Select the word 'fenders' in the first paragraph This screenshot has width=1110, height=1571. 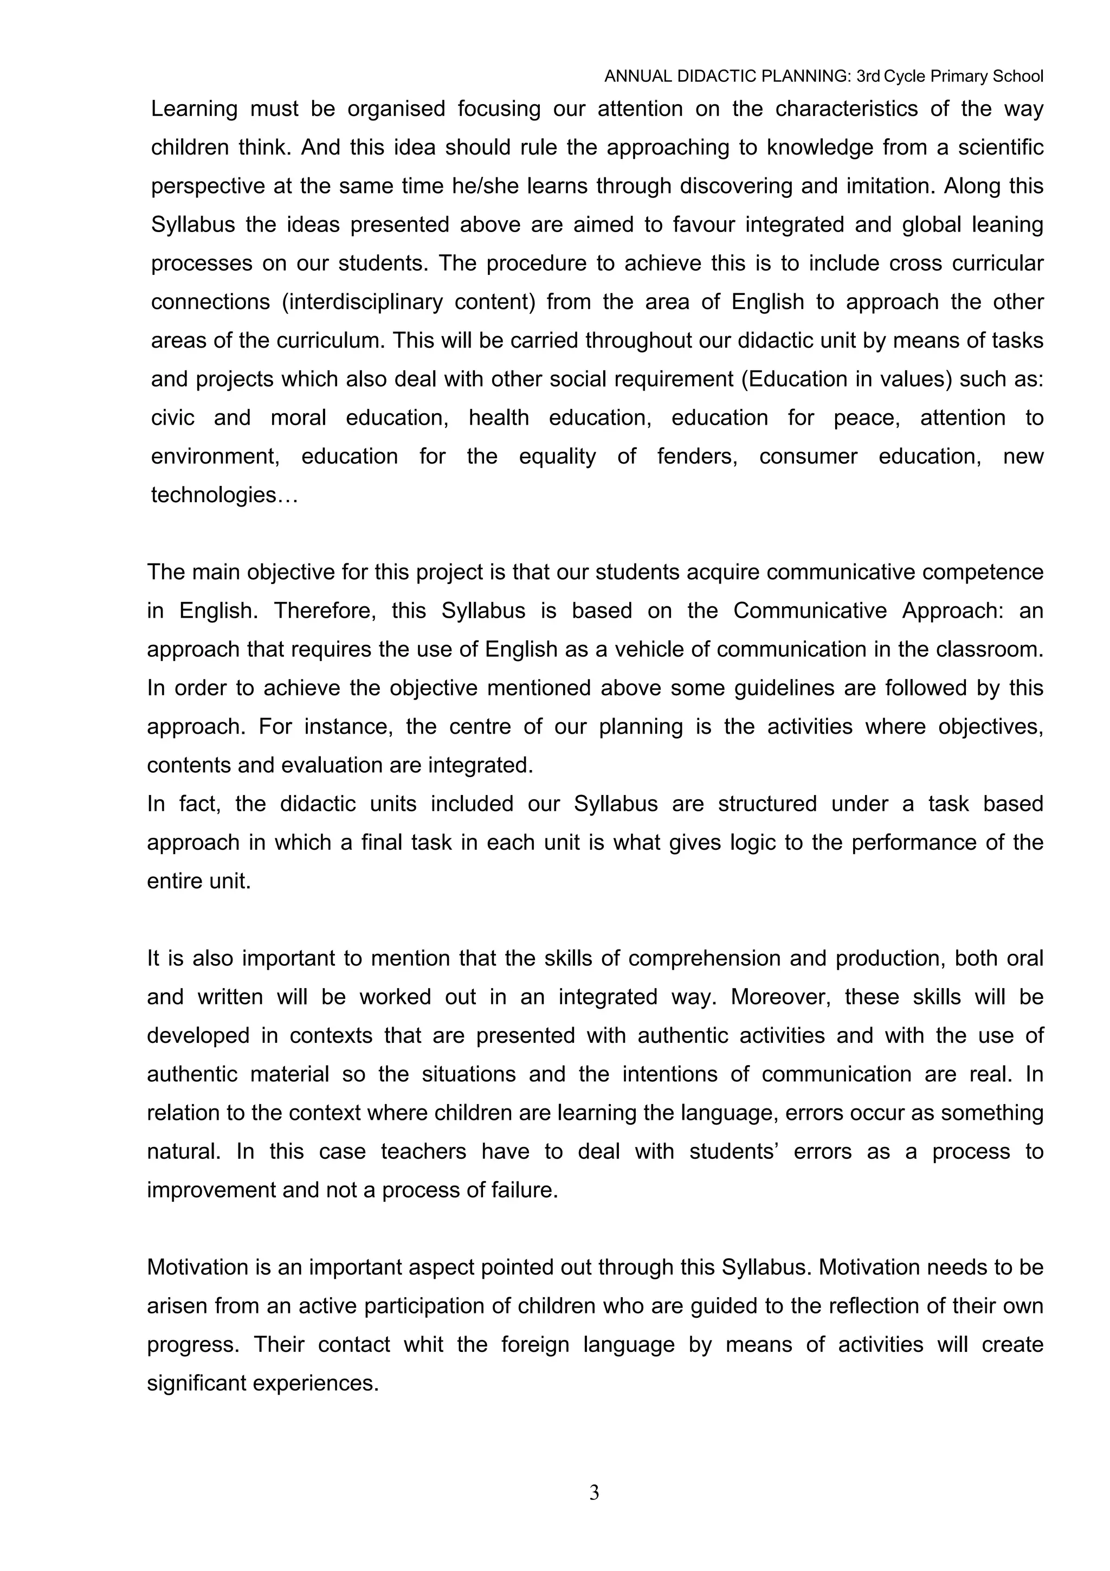[x=697, y=457]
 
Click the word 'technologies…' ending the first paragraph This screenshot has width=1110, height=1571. [x=224, y=495]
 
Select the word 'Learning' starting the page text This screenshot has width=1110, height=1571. [x=194, y=109]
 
